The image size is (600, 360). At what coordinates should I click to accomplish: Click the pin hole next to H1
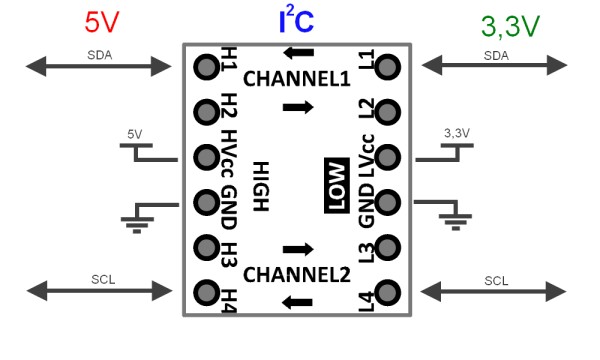coord(207,67)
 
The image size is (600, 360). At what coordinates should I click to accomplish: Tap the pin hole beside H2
coord(207,112)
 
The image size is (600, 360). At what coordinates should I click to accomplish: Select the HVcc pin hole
coord(207,157)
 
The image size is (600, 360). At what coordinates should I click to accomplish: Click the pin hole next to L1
coord(388,67)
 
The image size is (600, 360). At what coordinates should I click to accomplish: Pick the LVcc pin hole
coord(388,157)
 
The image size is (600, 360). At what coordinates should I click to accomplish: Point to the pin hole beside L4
coord(388,293)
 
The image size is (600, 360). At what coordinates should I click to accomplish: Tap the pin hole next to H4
coord(207,293)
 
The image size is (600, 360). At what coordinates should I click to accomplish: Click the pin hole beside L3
coord(388,248)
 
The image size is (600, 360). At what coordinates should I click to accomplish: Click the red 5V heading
coord(102,22)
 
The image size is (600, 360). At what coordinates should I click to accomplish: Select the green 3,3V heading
coord(510,26)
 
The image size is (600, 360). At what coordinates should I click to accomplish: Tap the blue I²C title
coord(297,20)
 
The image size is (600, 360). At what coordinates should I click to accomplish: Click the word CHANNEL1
coord(297,79)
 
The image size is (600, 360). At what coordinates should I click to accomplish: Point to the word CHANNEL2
coord(297,275)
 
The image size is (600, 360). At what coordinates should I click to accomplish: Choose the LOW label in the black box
coord(337,185)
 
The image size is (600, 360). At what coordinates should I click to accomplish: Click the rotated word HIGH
coord(261,186)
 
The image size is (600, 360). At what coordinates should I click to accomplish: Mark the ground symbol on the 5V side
coord(137,224)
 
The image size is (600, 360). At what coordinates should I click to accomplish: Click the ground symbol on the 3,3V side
coord(455,221)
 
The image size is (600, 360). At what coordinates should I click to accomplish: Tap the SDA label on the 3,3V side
coord(496,56)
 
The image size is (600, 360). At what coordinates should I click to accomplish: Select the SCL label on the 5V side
coord(103,280)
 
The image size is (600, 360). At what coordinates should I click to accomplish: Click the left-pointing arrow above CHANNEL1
coord(298,53)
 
